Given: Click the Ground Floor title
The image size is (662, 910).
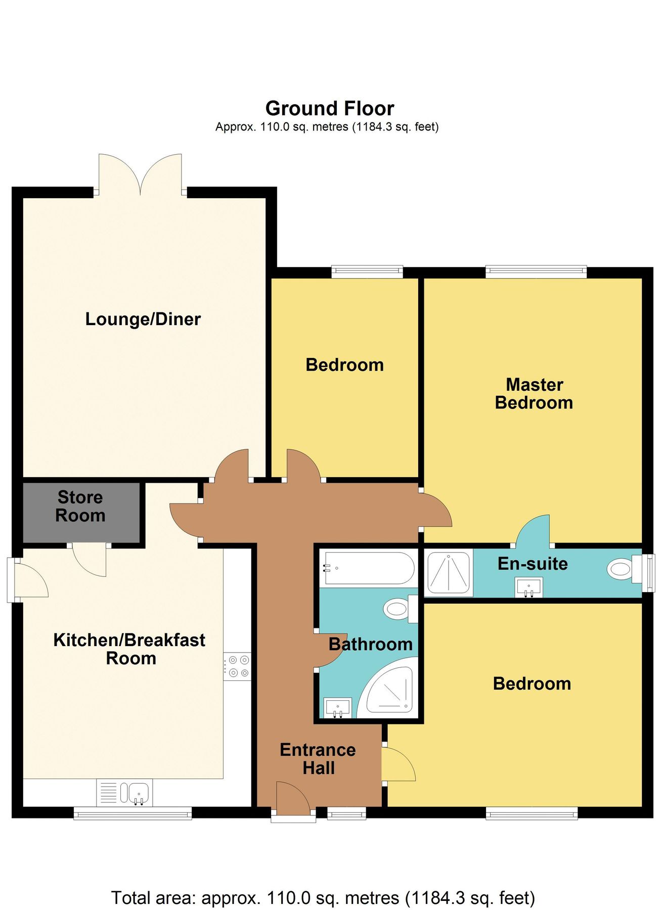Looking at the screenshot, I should tap(329, 109).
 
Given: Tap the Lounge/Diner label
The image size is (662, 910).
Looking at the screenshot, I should tap(143, 319).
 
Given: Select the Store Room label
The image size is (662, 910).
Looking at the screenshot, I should tap(80, 506).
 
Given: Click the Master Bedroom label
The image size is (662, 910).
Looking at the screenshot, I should tap(534, 394).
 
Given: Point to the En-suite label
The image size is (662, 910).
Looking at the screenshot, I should tap(533, 564).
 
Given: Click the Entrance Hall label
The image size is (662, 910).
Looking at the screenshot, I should tap(318, 759).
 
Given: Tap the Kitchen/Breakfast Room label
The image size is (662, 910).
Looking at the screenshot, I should tap(129, 649).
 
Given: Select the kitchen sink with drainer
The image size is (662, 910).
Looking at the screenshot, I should tap(124, 792).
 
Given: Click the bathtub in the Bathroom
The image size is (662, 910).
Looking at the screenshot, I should tap(369, 568).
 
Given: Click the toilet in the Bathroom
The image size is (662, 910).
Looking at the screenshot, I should tap(398, 609).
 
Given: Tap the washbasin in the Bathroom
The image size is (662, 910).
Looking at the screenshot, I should tap(337, 707).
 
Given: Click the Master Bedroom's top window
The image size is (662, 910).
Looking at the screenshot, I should tap(536, 272).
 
